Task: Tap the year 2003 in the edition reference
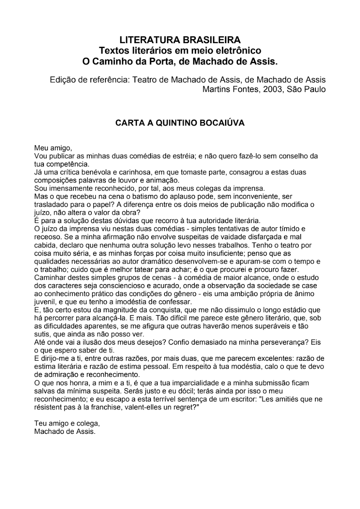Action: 274,89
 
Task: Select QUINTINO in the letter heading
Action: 171,123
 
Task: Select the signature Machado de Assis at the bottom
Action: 65,431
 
